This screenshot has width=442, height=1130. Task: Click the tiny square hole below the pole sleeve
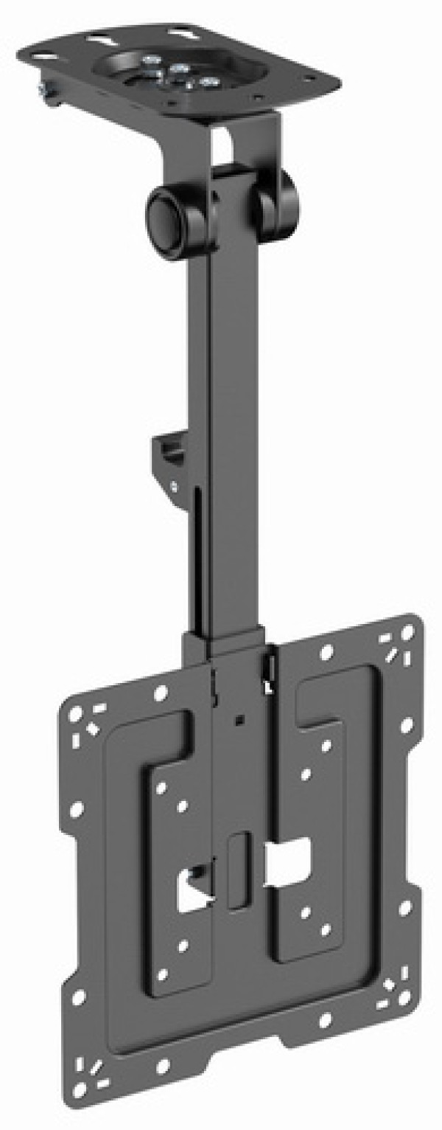[x=237, y=718]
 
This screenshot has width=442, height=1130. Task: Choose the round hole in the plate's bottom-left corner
[x=80, y=1088]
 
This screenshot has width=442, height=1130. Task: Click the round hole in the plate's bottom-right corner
[x=404, y=998]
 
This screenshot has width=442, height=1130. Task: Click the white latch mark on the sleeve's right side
[x=269, y=679]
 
